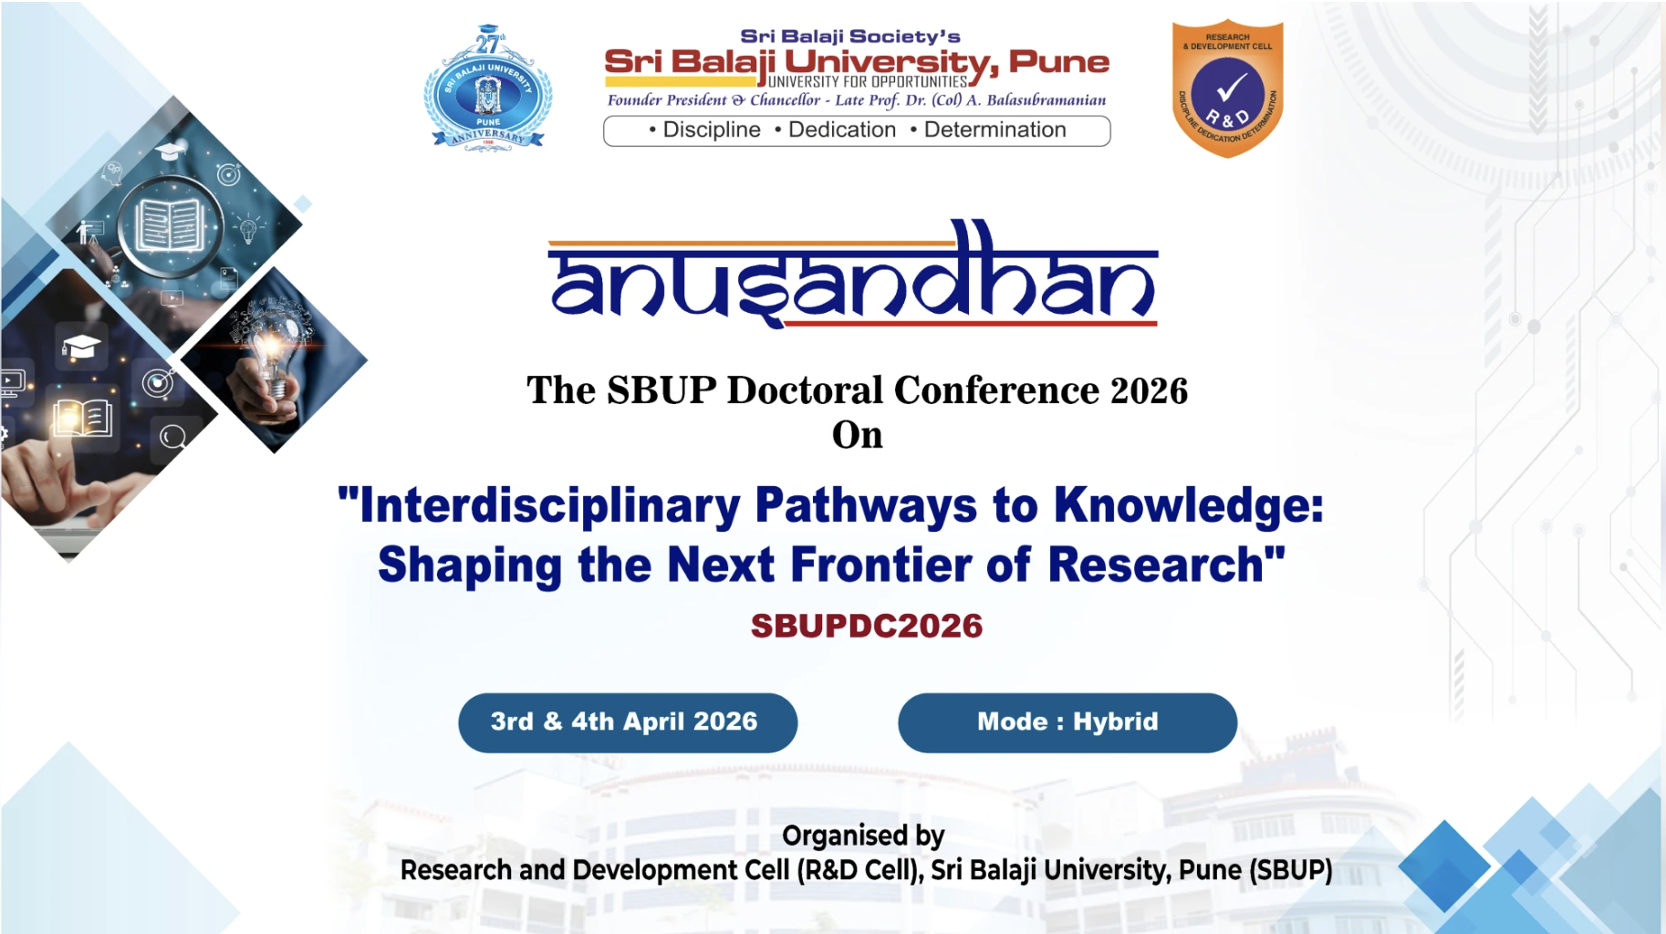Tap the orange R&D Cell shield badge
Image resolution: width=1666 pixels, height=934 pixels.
coord(1227,88)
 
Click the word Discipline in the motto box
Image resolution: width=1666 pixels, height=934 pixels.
coord(711,130)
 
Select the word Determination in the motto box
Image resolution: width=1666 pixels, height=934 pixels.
coord(994,130)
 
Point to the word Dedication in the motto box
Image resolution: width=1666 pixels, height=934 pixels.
coord(841,130)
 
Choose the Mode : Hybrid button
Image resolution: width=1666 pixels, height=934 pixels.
coord(1067,722)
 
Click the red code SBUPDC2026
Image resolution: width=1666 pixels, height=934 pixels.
coord(866,627)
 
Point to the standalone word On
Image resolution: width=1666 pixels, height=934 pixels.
coord(857,435)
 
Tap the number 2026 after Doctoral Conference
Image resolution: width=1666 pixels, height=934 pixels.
coord(1149,390)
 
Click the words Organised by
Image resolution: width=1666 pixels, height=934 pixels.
coord(862,835)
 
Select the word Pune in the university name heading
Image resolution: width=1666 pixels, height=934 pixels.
coord(1058,62)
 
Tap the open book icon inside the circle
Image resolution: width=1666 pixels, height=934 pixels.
coord(171,224)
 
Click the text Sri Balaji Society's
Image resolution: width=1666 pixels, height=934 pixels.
coord(849,36)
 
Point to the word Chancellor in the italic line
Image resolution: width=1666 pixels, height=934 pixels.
coord(785,100)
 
